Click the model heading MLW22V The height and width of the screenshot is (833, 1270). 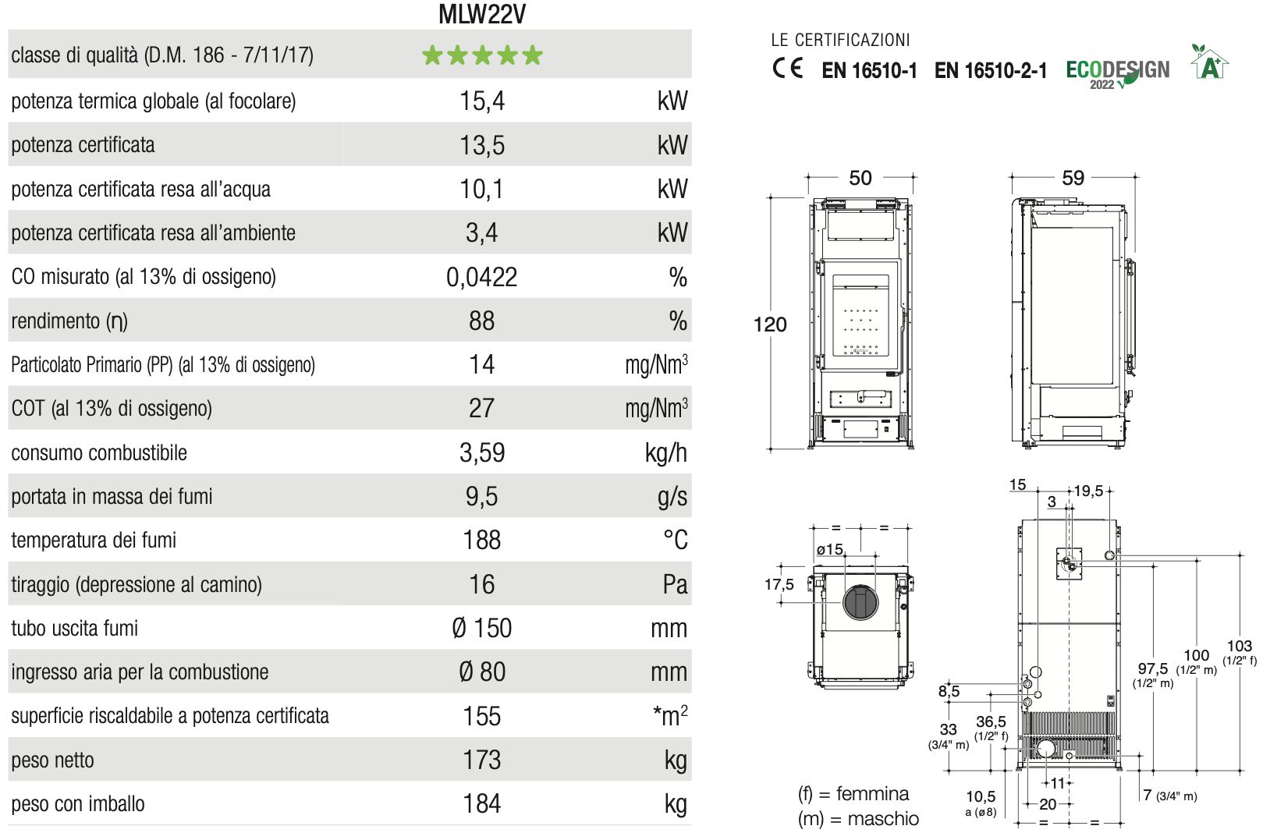pos(482,14)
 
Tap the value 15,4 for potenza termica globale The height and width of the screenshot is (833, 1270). pos(482,101)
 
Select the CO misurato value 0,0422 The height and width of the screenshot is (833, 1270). pos(482,278)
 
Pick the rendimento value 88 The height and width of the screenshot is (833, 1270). pos(482,321)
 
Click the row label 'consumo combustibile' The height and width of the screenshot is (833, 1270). pos(99,453)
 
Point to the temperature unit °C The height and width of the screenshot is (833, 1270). pos(676,540)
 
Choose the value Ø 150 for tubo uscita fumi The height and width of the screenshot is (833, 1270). pos(482,629)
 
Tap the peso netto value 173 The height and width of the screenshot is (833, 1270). pos(482,760)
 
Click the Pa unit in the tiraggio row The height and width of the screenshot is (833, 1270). pos(676,585)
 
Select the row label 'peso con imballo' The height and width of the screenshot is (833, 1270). pos(78,804)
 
